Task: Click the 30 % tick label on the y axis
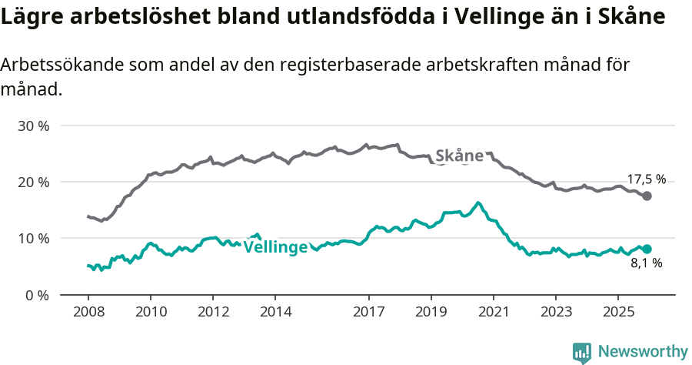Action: pyautogui.click(x=32, y=126)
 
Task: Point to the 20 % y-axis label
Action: pyautogui.click(x=32, y=182)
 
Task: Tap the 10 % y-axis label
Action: pyautogui.click(x=32, y=239)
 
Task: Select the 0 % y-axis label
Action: pyautogui.click(x=35, y=295)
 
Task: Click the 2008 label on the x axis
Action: pyautogui.click(x=88, y=312)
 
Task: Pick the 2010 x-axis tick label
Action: pyautogui.click(x=150, y=312)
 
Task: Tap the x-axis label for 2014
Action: pyautogui.click(x=275, y=312)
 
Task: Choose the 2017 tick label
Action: pyautogui.click(x=368, y=312)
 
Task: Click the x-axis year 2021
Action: pyautogui.click(x=493, y=312)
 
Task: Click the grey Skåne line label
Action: pyautogui.click(x=459, y=156)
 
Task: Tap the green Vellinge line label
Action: pyautogui.click(x=275, y=247)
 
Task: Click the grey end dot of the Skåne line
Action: pyautogui.click(x=647, y=196)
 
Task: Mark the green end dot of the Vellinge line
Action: pyautogui.click(x=647, y=249)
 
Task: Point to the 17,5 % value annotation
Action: pyautogui.click(x=646, y=179)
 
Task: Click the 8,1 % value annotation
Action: pyautogui.click(x=646, y=263)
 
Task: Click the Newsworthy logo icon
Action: pyautogui.click(x=582, y=352)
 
